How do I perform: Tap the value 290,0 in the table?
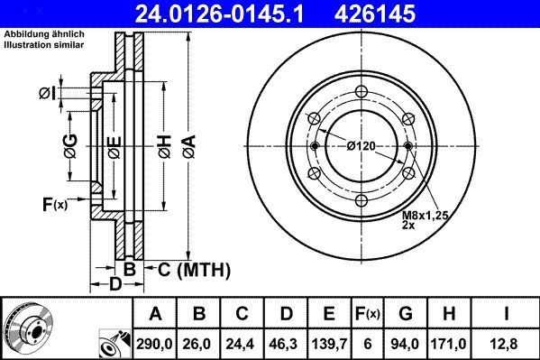point(155,343)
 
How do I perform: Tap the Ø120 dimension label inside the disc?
point(360,146)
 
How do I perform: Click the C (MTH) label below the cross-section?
point(195,269)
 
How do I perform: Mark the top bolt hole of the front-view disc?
point(361,90)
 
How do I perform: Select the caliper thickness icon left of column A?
point(114,341)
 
